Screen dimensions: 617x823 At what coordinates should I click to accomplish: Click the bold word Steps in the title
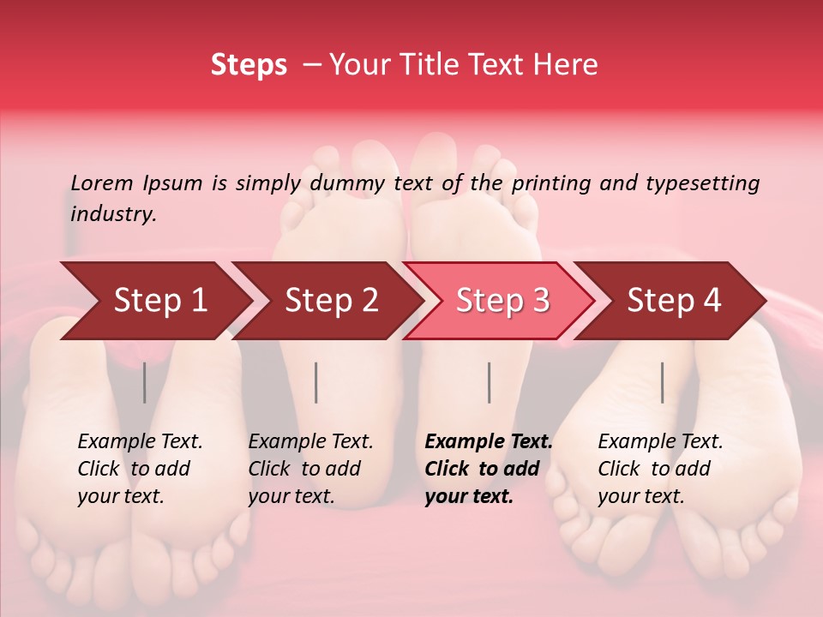[249, 65]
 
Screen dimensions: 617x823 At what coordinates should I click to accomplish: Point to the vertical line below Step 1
[145, 382]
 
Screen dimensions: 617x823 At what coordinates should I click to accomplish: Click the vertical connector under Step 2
[316, 382]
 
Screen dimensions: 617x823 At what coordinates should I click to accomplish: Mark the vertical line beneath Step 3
[489, 382]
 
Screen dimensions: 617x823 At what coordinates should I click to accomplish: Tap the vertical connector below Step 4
[662, 382]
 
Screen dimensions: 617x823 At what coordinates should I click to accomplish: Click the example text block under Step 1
[140, 469]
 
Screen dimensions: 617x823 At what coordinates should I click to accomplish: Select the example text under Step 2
[310, 469]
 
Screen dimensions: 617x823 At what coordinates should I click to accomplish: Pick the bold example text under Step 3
[489, 469]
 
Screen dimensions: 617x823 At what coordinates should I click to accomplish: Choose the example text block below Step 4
[660, 469]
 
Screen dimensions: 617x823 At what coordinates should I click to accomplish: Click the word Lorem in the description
[102, 183]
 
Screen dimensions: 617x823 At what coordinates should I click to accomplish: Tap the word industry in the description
[113, 214]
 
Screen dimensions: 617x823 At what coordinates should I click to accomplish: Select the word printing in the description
[552, 183]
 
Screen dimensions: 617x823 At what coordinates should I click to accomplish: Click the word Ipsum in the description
[173, 183]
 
